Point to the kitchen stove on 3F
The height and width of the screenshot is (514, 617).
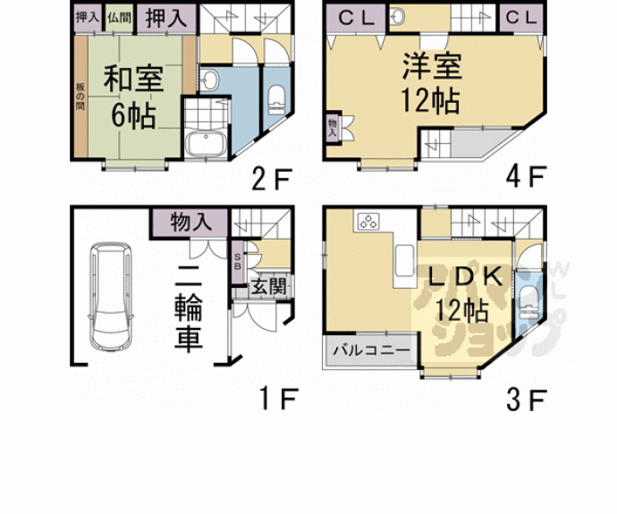click(367, 222)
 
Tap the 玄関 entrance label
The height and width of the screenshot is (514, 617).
click(267, 287)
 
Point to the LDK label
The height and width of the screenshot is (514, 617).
click(461, 276)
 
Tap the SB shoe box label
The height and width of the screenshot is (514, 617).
click(237, 261)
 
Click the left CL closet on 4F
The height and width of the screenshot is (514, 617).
click(356, 17)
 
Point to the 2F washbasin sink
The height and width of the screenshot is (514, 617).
click(209, 80)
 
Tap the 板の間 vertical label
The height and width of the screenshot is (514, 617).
click(79, 96)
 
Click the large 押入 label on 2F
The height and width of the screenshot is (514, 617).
click(165, 17)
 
